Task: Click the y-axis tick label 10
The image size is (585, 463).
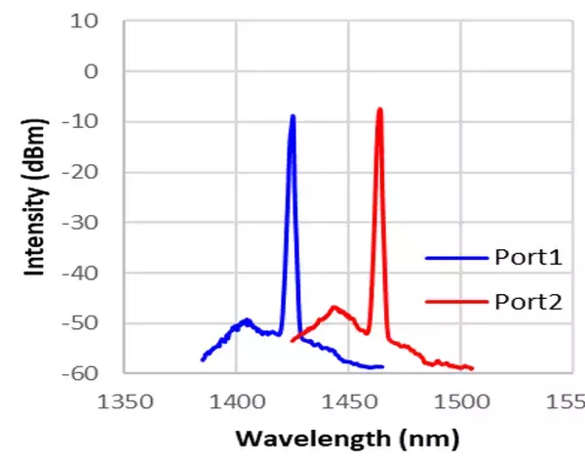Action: (x=89, y=21)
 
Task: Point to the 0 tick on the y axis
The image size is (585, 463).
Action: (x=94, y=71)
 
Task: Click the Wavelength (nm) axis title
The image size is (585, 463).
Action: (x=348, y=436)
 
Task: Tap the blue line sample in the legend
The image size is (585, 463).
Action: (x=456, y=259)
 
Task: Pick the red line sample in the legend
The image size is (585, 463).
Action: (x=456, y=302)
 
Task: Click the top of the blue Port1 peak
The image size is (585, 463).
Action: (x=292, y=116)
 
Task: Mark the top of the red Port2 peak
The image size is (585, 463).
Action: (x=379, y=109)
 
